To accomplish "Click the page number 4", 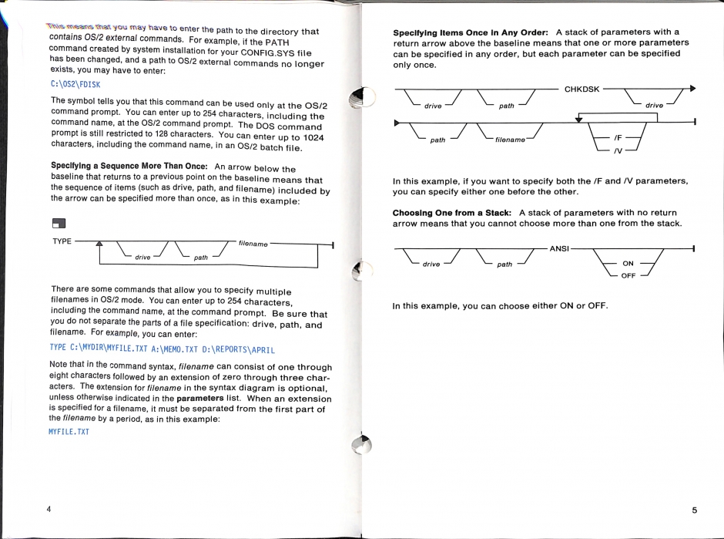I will (x=49, y=510).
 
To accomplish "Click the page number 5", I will (x=694, y=510).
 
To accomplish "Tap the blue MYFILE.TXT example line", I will (x=69, y=431).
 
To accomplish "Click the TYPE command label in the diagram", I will (x=62, y=241).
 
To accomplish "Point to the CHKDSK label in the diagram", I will (x=582, y=89).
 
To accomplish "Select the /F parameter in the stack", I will (x=618, y=136).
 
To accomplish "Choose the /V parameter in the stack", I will (x=618, y=150).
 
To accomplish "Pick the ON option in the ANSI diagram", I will (x=628, y=264).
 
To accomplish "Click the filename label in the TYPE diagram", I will (x=253, y=243).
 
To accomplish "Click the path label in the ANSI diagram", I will (x=504, y=264).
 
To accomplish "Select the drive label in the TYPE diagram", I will (x=142, y=257).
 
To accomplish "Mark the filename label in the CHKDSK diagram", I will (x=510, y=140).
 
